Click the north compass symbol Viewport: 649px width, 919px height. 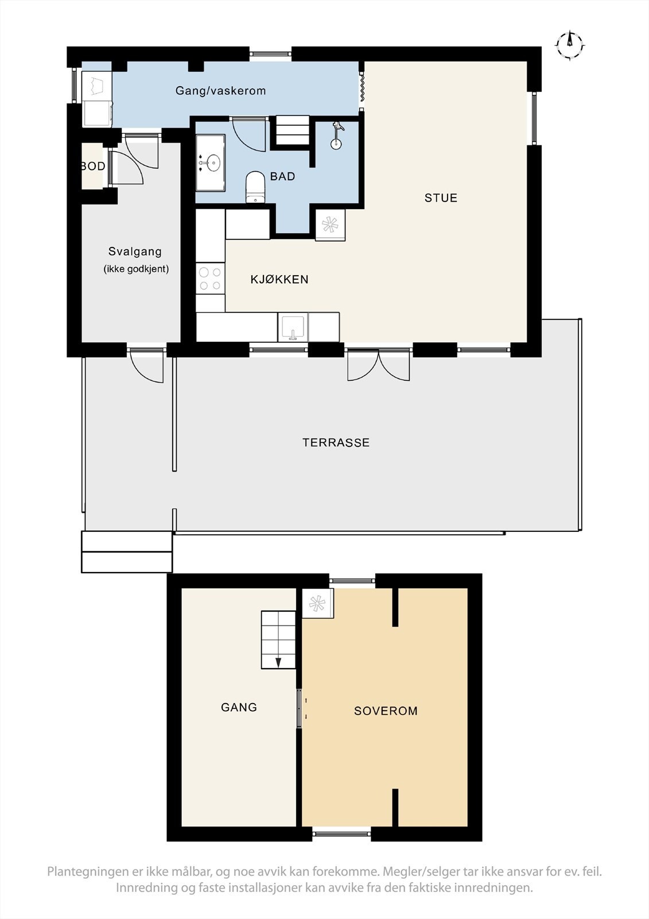[x=570, y=45]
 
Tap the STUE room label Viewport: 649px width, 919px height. [x=441, y=198]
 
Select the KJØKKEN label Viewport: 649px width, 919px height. [x=279, y=279]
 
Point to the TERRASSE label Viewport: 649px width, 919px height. [x=336, y=442]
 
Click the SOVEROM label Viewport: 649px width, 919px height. [x=386, y=711]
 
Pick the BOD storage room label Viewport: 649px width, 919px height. [x=92, y=166]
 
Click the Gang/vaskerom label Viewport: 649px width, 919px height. [x=220, y=91]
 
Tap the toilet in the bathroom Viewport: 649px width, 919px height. [x=256, y=187]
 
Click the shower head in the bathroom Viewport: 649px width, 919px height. [x=337, y=136]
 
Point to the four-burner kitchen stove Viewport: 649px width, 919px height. [x=211, y=279]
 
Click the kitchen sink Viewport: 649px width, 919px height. [x=293, y=327]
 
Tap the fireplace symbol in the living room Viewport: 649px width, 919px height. [x=330, y=225]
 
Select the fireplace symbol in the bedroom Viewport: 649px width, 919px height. [x=318, y=603]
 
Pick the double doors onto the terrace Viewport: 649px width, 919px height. [x=378, y=364]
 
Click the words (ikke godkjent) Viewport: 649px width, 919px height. [x=136, y=269]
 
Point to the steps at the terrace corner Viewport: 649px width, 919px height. [x=127, y=552]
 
